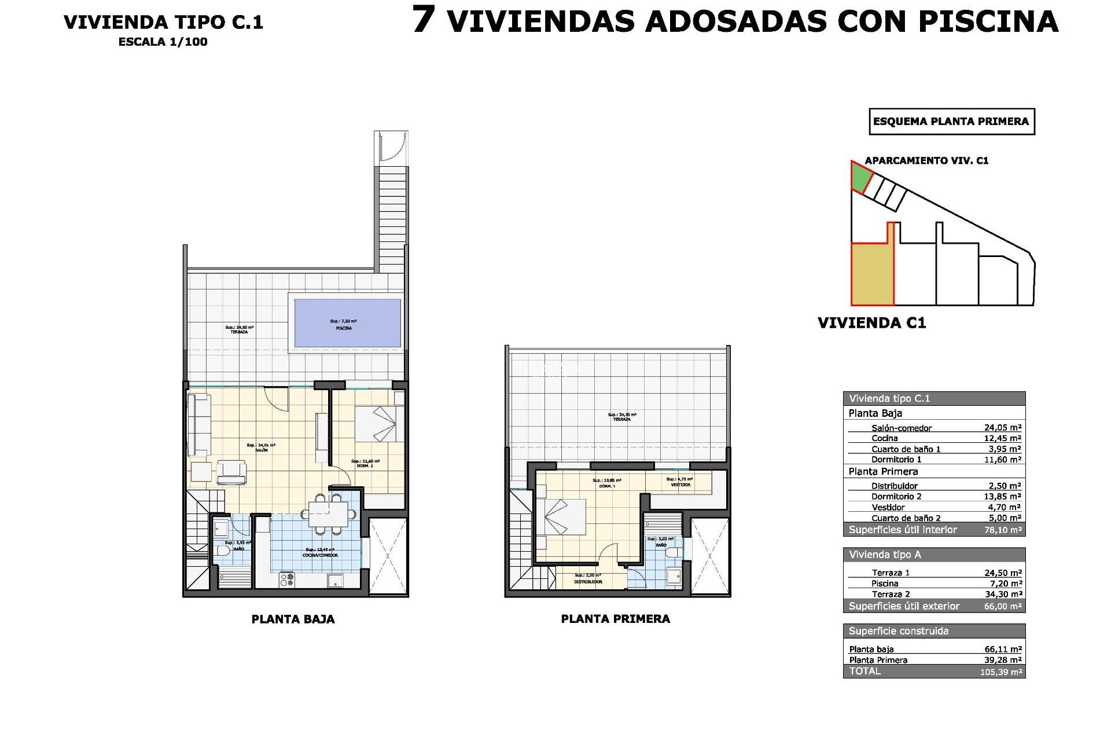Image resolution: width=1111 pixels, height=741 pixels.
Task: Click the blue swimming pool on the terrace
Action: click(x=347, y=323)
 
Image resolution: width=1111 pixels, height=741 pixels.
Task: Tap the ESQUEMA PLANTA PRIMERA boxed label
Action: click(x=951, y=122)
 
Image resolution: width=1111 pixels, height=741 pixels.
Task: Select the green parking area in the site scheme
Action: click(x=860, y=177)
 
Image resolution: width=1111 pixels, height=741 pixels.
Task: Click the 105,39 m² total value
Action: click(x=1001, y=672)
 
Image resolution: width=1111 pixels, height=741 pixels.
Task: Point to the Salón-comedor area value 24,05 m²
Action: click(x=1003, y=428)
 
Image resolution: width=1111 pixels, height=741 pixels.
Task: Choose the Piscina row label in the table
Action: click(x=885, y=584)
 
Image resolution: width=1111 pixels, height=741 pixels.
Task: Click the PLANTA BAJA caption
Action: click(x=293, y=619)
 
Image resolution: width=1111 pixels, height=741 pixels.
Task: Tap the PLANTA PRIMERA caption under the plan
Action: click(x=615, y=619)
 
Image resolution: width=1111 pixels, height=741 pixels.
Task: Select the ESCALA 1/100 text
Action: click(x=163, y=42)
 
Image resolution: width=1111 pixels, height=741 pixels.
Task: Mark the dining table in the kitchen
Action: click(x=328, y=513)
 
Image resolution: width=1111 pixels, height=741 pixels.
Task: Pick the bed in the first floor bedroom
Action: click(x=562, y=516)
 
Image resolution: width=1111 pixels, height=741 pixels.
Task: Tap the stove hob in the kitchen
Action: click(x=287, y=579)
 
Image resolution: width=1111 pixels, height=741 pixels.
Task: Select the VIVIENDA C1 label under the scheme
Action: click(x=871, y=323)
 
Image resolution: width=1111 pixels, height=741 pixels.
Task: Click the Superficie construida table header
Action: click(x=899, y=631)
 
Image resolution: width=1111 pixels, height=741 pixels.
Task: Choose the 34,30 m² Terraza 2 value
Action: click(x=1003, y=594)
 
